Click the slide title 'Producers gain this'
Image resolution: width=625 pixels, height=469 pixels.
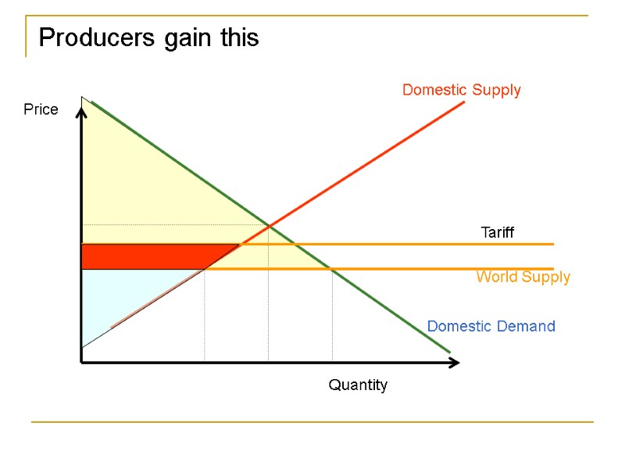click(x=148, y=38)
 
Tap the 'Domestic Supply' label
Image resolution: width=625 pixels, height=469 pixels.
click(x=461, y=90)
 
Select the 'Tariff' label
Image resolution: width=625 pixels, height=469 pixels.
click(x=498, y=232)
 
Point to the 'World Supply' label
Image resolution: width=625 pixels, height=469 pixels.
click(x=523, y=277)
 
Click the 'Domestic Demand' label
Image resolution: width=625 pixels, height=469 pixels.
click(x=491, y=326)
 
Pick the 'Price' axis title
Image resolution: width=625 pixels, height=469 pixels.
click(x=41, y=109)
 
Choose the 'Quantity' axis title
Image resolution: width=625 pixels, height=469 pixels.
click(x=358, y=385)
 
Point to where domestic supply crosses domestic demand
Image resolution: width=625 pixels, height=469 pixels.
click(x=269, y=227)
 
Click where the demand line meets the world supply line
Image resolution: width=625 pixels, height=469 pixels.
click(x=332, y=269)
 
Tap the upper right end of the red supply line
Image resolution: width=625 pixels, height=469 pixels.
click(x=464, y=102)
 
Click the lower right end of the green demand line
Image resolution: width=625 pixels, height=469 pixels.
click(x=450, y=353)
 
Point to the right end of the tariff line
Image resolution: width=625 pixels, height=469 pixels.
click(x=552, y=245)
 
